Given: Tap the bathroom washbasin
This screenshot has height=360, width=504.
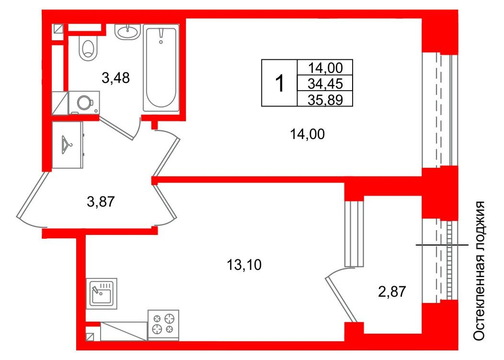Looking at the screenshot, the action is (x=127, y=32).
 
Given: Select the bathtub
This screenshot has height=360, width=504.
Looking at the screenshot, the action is (x=161, y=68).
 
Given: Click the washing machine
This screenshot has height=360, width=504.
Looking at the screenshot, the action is (x=84, y=103).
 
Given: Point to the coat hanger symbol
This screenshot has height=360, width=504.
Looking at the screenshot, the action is (x=67, y=144).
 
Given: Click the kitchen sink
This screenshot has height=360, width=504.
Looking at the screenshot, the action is (x=101, y=293).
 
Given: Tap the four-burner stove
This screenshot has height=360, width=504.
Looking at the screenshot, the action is (x=163, y=325).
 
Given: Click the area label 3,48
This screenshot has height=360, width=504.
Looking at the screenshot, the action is (x=116, y=78).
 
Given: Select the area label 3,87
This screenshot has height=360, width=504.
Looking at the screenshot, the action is (x=101, y=202).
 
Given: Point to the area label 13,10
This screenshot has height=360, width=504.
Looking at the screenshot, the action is (x=244, y=265).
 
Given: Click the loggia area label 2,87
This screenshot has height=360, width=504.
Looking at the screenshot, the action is (x=392, y=292).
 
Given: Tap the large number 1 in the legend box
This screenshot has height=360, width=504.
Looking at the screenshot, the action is (x=280, y=83).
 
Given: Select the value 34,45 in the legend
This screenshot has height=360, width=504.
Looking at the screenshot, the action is (x=325, y=84).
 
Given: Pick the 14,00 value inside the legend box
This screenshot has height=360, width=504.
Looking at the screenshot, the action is (x=325, y=68).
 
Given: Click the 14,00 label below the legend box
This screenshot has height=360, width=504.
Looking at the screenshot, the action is (x=307, y=134).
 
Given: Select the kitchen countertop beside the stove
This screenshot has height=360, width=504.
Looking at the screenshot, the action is (x=124, y=331).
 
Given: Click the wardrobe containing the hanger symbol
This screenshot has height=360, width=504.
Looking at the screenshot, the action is (x=68, y=145).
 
